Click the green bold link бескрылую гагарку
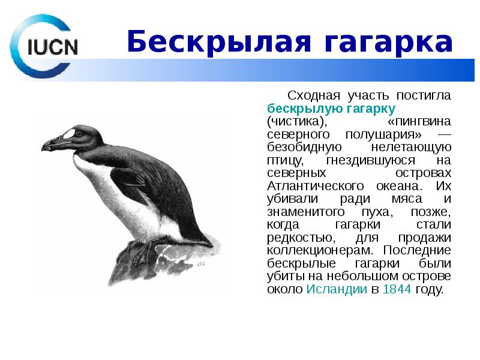(x=331, y=109)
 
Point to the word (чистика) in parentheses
(x=296, y=122)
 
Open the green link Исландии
(x=336, y=290)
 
